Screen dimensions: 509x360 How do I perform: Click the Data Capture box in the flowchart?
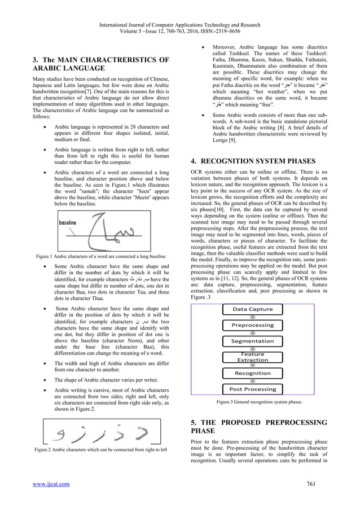pos(252,309)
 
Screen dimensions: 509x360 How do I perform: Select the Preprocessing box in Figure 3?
pos(252,325)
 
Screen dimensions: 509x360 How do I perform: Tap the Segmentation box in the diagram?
pos(252,341)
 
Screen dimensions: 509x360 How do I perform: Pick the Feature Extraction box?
pos(252,357)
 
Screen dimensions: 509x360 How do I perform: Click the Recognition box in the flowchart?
pos(252,373)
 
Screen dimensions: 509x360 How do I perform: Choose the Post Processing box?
pos(252,389)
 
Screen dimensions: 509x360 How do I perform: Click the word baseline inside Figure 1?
pos(68,223)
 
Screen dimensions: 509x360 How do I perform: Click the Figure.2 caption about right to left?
pos(100,450)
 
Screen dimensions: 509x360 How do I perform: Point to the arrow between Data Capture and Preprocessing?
pos(252,317)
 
